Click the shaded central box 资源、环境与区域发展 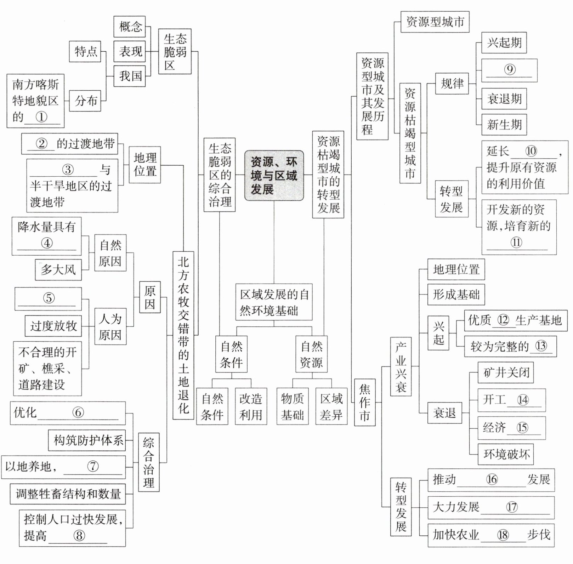[274, 176]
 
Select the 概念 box [130, 27]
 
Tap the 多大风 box [58, 270]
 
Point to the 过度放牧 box [53, 326]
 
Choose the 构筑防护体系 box [87, 440]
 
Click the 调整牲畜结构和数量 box [68, 494]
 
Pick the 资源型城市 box [435, 22]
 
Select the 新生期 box [504, 125]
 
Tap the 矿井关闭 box [506, 372]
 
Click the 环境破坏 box [506, 454]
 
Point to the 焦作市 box [365, 402]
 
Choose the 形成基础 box [456, 295]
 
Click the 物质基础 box [293, 406]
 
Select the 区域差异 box [331, 406]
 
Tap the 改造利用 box [251, 406]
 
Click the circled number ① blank [41, 117]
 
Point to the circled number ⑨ [510, 69]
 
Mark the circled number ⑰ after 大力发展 [512, 507]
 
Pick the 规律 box [452, 84]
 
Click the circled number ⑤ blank [49, 298]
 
